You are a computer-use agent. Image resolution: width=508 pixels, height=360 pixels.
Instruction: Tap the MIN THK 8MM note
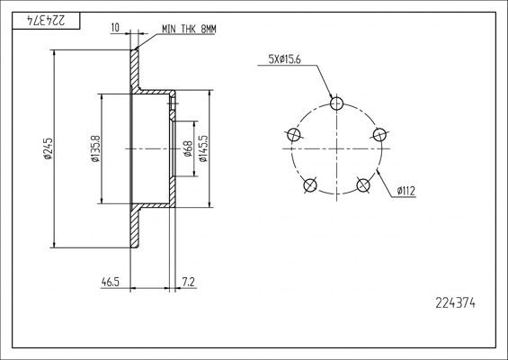coord(188,30)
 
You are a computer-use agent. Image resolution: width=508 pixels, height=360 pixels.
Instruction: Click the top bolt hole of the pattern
coord(337,103)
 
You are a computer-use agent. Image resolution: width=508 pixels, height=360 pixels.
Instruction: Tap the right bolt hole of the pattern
coord(380,135)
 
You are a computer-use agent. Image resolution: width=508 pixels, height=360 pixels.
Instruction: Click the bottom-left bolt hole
coord(310,185)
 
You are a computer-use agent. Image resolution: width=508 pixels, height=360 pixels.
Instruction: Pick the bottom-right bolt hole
coord(364,185)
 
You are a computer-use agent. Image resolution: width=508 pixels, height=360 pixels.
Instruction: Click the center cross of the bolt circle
coord(337,148)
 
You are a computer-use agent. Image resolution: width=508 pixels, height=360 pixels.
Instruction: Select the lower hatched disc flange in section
coord(137,229)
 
